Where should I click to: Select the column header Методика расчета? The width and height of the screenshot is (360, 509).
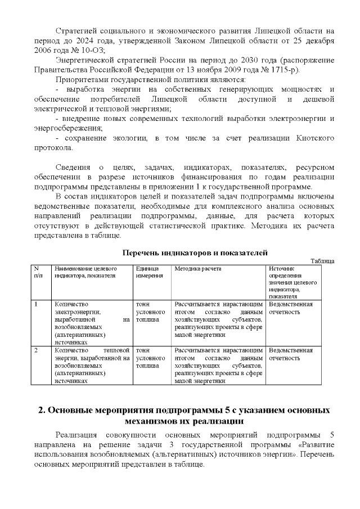pos(198,269)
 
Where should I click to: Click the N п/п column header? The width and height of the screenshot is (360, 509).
pos(39,272)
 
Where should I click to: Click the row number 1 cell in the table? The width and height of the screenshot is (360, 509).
pos(37,304)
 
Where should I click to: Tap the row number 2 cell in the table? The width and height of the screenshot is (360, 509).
pos(37,350)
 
